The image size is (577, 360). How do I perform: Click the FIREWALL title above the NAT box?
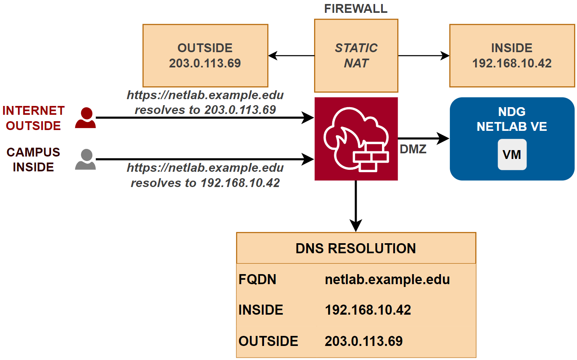[356, 9]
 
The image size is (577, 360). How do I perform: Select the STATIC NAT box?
[356, 55]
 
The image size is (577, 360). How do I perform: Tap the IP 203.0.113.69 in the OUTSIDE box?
[205, 63]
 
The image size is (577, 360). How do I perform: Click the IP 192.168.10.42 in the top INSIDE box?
[512, 63]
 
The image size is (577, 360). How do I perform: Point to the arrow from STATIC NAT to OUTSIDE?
[291, 55]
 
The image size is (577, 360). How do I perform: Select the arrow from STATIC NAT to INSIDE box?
[423, 55]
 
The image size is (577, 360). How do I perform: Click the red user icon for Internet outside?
[85, 118]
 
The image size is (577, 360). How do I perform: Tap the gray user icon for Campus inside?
[85, 159]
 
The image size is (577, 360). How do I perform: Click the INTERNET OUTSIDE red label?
[33, 118]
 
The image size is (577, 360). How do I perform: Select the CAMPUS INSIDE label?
[33, 159]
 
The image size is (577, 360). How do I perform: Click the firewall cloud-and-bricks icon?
[356, 139]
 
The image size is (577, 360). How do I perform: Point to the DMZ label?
[413, 149]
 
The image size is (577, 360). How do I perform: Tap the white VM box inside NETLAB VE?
[512, 155]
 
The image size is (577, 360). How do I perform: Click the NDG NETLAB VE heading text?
[512, 119]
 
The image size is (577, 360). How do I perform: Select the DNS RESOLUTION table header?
[356, 248]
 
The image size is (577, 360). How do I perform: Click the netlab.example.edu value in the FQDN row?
[387, 279]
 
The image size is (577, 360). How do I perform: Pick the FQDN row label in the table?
[257, 279]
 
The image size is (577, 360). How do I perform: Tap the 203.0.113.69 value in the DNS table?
[364, 341]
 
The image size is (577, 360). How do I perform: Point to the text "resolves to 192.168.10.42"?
[205, 183]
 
